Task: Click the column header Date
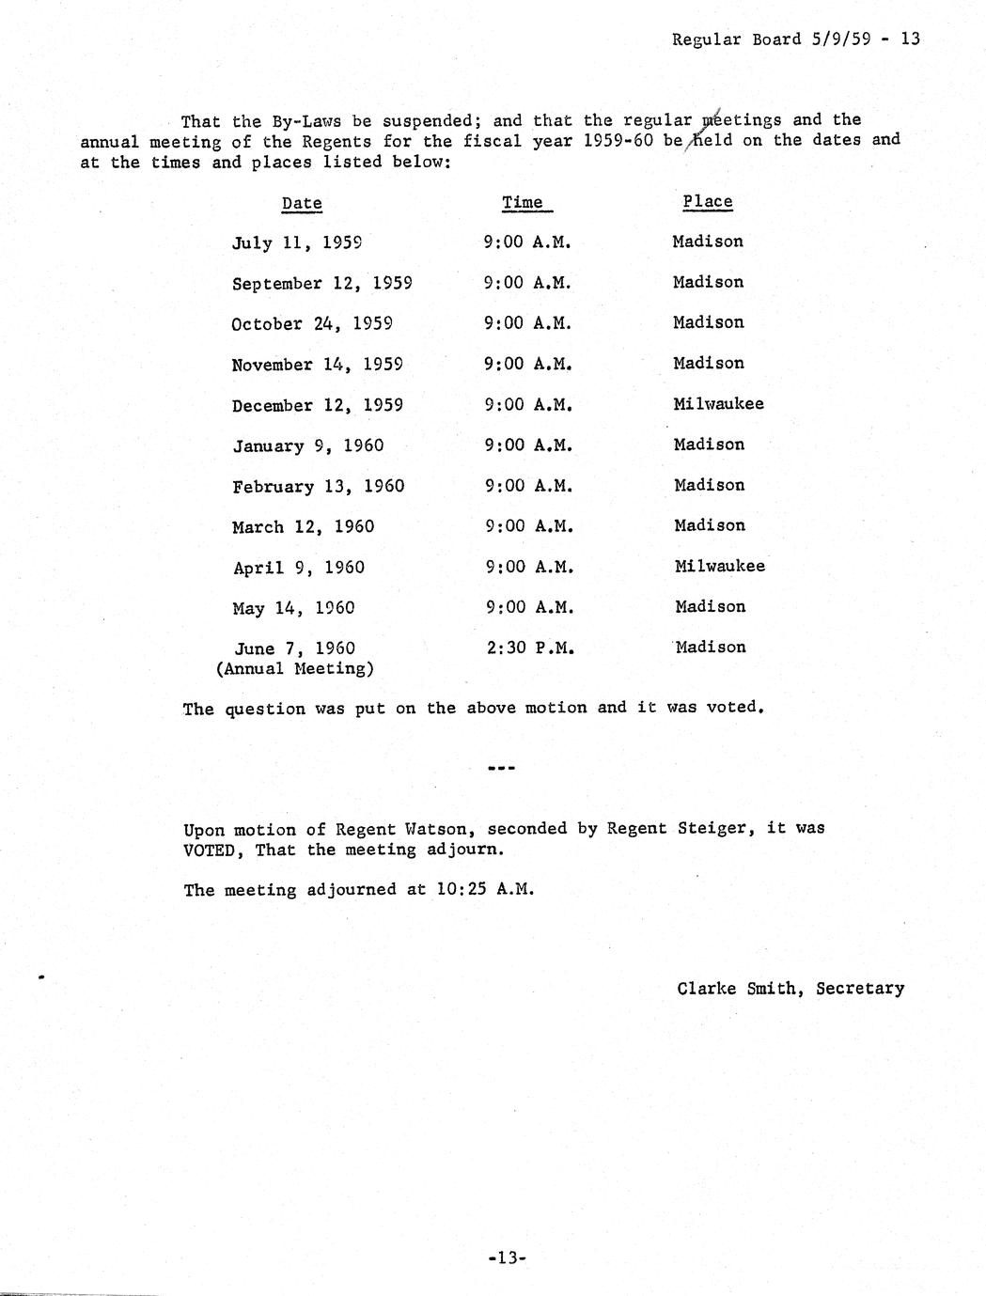coord(302,203)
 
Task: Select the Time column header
coord(523,202)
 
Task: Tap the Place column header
coord(708,201)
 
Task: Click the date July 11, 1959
coord(297,242)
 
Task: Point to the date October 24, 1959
coord(312,324)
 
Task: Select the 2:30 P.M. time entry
coord(528,648)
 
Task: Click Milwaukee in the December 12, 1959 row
coord(719,404)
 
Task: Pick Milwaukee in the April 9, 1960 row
coord(720,567)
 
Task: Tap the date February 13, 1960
coord(319,487)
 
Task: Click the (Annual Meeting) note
coord(295,669)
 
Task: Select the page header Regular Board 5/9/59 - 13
coord(796,39)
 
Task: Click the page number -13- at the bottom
coord(507,1257)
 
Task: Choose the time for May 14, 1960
coord(529,607)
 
